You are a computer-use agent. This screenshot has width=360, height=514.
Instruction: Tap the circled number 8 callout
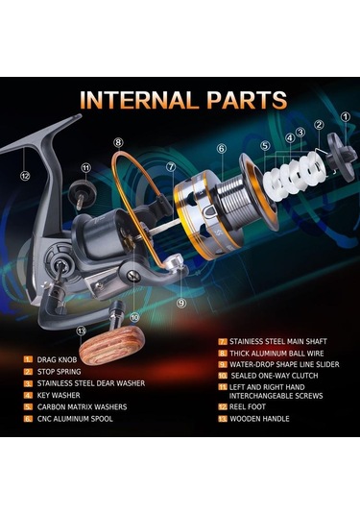pos(119,142)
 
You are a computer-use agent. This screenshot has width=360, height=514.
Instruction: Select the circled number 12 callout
pos(25,176)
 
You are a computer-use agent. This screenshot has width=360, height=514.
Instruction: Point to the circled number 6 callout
pos(222,149)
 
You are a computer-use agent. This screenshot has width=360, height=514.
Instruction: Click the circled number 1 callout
pos(346,117)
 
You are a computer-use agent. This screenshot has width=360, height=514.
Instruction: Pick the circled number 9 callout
pos(181,303)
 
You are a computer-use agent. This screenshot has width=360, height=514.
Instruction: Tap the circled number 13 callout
pos(82,330)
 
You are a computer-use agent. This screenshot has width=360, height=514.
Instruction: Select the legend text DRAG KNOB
pos(57,359)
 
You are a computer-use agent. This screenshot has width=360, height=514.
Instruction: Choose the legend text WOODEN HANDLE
pos(259,419)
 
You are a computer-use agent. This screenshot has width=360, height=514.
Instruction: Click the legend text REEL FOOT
pos(248,406)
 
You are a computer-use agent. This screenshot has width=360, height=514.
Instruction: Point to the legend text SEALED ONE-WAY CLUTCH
pos(275,376)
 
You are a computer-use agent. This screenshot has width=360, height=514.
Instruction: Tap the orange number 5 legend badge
pos(28,407)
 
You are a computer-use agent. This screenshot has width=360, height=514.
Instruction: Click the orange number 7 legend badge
pos(223,342)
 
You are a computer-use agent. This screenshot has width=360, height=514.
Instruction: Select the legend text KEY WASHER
pos(59,395)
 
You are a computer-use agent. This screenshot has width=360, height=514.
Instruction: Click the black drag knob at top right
pos(342,156)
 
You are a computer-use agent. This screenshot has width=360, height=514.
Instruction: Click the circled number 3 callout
pos(300,133)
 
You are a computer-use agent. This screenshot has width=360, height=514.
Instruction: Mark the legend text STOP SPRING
pos(59,372)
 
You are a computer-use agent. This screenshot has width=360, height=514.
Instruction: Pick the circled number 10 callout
pos(134,317)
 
